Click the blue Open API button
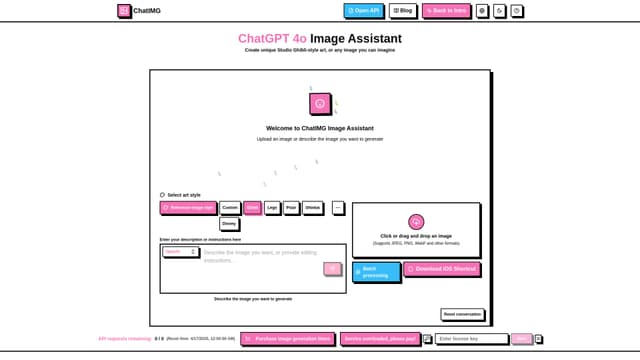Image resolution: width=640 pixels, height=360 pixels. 363,11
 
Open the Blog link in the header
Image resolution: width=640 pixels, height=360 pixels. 403,11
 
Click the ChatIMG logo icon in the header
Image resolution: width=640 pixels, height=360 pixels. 123,11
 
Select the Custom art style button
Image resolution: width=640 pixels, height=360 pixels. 230,208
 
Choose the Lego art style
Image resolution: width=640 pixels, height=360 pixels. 272,208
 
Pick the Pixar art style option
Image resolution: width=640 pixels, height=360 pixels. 291,208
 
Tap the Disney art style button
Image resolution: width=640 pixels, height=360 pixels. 229,224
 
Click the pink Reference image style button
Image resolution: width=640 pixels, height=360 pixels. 188,208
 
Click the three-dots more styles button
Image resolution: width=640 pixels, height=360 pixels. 338,208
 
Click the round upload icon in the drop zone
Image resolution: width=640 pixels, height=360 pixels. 416,221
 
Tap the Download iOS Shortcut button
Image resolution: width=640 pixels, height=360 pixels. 442,269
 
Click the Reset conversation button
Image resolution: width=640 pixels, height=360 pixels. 462,314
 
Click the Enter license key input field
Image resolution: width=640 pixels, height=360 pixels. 471,339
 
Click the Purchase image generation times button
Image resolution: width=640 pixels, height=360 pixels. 288,339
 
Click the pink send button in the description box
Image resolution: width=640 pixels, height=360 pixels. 332,269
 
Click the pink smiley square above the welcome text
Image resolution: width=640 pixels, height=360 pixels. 320,103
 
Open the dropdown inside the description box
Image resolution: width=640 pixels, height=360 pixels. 180,252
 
